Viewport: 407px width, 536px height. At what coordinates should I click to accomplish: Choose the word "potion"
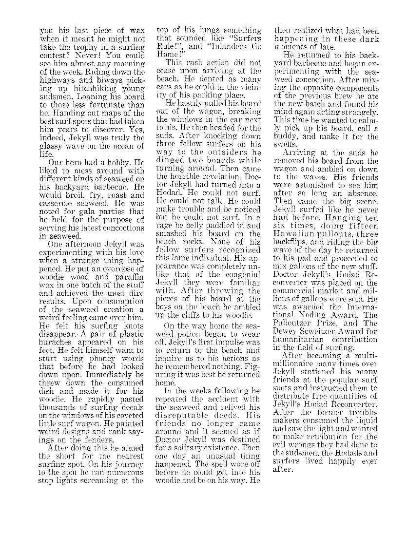click(x=188, y=334)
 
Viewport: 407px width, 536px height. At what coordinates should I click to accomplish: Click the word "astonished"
click(x=317, y=186)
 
